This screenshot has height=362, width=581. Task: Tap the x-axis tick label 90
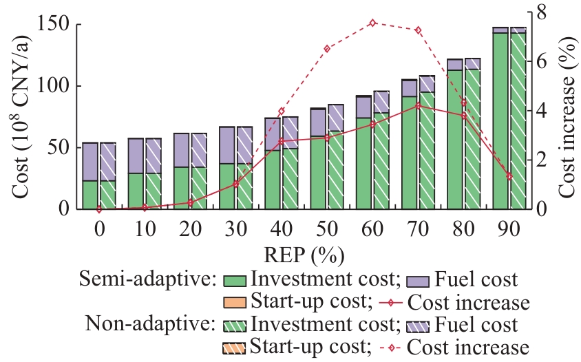509,227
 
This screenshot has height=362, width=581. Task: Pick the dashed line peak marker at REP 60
372,23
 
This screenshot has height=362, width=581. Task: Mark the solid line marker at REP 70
418,105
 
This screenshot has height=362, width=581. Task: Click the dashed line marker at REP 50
327,49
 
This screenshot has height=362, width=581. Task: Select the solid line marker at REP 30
236,184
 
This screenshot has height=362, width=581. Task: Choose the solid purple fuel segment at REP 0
90,162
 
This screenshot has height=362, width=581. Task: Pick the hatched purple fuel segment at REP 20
199,150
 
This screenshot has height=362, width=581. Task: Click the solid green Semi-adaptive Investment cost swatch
235,280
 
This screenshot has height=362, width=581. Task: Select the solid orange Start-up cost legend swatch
235,302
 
